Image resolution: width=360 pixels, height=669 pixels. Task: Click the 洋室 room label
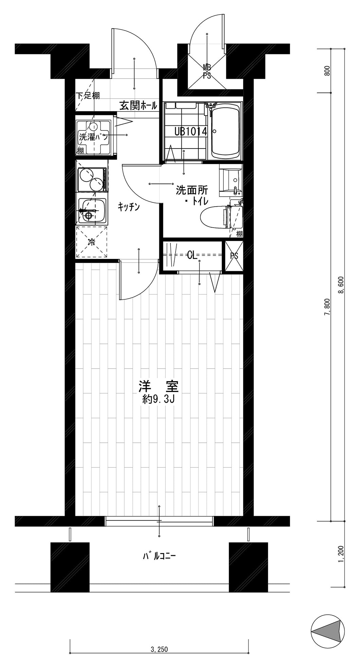pos(159,386)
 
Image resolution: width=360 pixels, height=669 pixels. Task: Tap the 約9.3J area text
pos(159,400)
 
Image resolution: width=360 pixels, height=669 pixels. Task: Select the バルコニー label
pos(159,557)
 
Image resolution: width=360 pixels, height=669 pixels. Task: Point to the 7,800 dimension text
pos(327,308)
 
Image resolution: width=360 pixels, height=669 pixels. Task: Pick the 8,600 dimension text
pos(341,286)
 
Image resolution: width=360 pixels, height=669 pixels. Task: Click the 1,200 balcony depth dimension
pos(341,554)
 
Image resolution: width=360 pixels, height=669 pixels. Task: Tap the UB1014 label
pos(191,131)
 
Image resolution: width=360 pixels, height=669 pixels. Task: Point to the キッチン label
pos(129,207)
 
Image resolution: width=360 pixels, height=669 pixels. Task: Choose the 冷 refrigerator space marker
pos(92,242)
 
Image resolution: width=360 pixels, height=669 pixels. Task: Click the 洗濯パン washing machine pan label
pos(93,137)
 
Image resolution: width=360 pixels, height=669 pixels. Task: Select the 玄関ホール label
pos(138,106)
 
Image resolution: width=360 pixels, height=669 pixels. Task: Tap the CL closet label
pos(192,255)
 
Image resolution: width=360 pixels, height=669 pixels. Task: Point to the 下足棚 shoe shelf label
pos(88,95)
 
